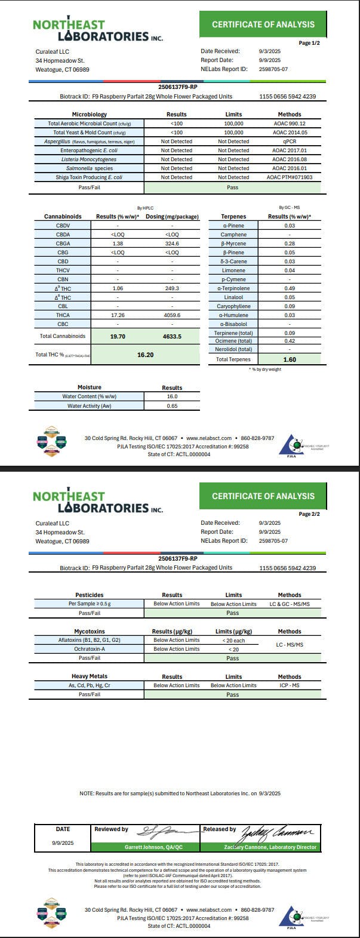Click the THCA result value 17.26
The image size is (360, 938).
[117, 315]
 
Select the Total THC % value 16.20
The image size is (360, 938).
[145, 354]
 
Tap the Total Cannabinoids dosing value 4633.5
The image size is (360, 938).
[171, 336]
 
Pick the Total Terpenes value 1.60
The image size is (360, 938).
[290, 359]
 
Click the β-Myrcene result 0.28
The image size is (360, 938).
[290, 244]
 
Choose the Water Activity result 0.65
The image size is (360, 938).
[172, 406]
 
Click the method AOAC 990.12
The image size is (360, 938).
[289, 124]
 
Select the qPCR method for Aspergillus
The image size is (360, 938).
[289, 142]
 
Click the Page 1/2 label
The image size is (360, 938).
[309, 43]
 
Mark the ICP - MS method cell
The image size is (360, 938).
[289, 685]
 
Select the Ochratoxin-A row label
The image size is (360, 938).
[89, 649]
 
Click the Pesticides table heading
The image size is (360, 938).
[89, 595]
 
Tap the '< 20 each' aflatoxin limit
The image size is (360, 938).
[233, 640]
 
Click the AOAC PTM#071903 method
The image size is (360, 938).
[289, 177]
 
